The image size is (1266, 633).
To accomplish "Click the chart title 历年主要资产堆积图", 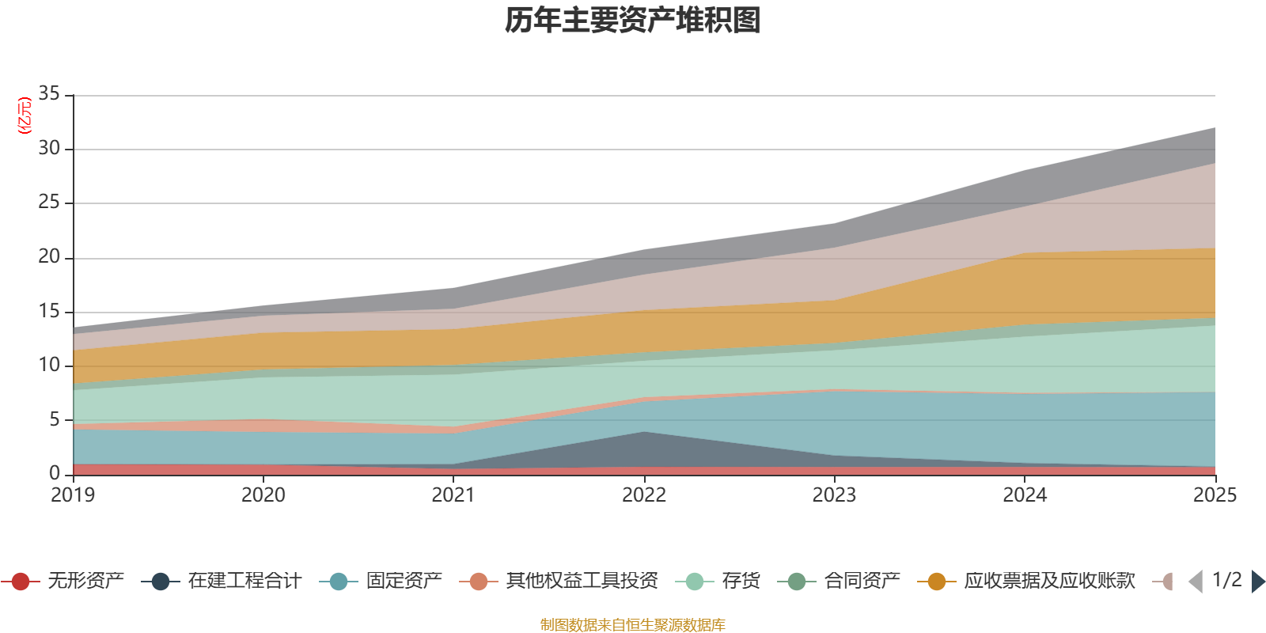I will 633,21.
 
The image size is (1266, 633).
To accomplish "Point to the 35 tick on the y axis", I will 49,93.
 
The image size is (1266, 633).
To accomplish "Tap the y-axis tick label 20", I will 49,256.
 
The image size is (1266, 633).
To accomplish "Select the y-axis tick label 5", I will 55,419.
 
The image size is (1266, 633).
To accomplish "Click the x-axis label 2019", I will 73,495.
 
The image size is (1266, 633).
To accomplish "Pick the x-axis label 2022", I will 644,495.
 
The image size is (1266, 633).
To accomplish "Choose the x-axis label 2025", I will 1215,495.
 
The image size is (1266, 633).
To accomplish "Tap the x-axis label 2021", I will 453,495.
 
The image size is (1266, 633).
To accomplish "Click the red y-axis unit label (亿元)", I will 25,116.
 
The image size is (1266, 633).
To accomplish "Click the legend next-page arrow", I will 1258,582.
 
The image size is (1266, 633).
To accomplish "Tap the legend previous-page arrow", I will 1196,582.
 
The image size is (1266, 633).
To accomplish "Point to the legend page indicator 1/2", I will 1226,580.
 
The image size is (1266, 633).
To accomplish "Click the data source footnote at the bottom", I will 633,625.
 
